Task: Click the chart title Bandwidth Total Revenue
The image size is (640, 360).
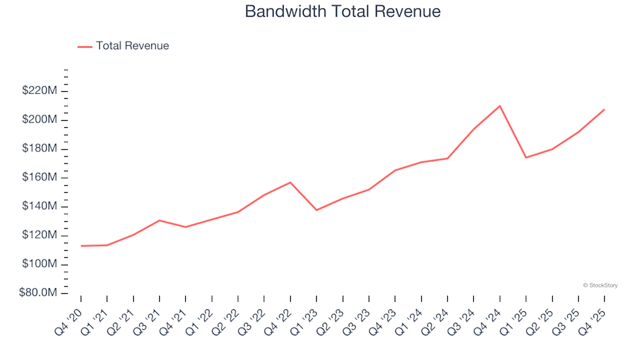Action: pos(343,11)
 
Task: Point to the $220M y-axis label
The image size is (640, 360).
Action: pos(39,91)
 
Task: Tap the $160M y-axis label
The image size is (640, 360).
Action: pos(39,177)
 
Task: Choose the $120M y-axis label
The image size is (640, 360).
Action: pos(39,235)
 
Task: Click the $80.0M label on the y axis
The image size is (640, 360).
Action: pos(38,293)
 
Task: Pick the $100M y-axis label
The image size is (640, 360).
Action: pos(39,265)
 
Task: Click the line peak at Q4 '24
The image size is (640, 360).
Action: pos(499,105)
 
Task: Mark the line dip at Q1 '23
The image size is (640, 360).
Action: pos(317,210)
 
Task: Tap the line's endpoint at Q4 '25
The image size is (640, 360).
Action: pos(604,109)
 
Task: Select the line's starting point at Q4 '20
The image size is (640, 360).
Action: pos(81,246)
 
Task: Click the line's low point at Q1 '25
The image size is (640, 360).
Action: pos(525,157)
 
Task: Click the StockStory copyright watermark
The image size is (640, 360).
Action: pos(600,285)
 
